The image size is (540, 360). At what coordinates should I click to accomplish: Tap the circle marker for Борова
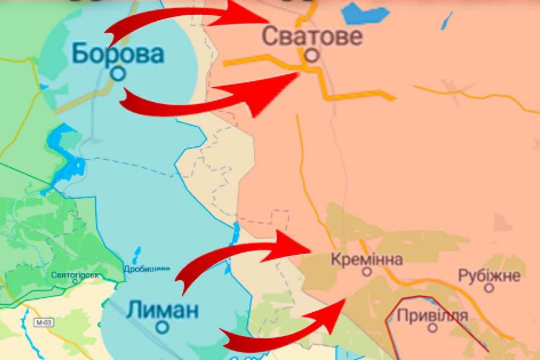pos(118,73)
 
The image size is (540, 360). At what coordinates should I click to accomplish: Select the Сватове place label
pos(312,36)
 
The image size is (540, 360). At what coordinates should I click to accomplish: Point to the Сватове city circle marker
pos(312,55)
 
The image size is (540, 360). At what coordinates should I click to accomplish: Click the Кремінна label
pos(366,259)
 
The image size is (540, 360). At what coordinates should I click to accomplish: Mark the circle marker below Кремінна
pos(367,272)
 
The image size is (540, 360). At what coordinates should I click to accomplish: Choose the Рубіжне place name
pos(489,275)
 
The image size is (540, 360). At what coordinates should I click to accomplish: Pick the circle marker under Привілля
pos(432,328)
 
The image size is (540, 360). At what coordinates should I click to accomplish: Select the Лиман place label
pos(162,310)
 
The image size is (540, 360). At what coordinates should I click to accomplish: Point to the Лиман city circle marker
pos(162,327)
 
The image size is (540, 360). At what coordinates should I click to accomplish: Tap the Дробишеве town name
pos(147,269)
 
